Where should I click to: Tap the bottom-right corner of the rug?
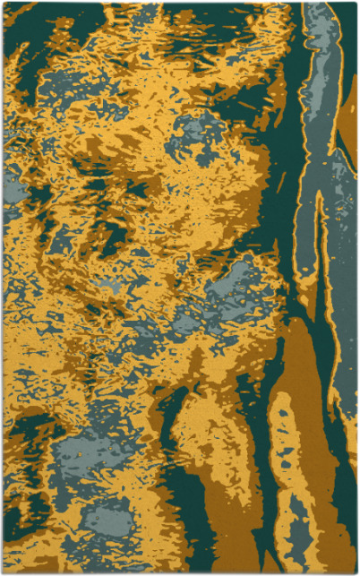[x=356, y=573]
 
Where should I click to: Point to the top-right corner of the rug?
[x=356, y=3]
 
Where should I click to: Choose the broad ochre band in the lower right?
[x=313, y=403]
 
